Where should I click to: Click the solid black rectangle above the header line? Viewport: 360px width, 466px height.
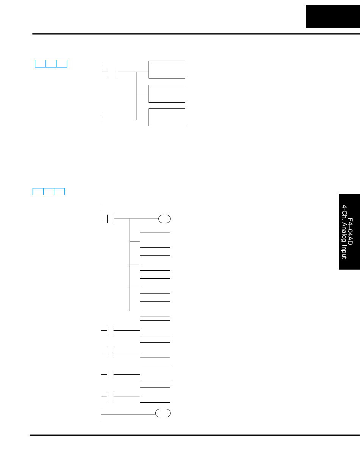pyautogui.click(x=333, y=16)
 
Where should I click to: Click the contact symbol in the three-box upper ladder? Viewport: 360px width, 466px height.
pyautogui.click(x=113, y=71)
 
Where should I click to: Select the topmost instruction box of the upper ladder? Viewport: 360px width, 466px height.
pyautogui.click(x=167, y=69)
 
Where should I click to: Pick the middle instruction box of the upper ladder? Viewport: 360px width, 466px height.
pyautogui.click(x=167, y=94)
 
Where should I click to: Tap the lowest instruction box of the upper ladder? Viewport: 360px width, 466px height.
pyautogui.click(x=167, y=117)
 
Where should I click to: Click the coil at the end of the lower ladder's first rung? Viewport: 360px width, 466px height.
pyautogui.click(x=165, y=219)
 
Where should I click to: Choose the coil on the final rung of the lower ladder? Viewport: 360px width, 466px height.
pyautogui.click(x=163, y=413)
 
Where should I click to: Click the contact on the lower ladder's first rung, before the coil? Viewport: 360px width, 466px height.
pyautogui.click(x=111, y=219)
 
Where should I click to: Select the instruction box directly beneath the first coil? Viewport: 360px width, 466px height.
pyautogui.click(x=155, y=240)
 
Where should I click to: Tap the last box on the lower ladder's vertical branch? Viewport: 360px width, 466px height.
pyautogui.click(x=155, y=309)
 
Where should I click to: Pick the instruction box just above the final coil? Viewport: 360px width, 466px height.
pyautogui.click(x=155, y=395)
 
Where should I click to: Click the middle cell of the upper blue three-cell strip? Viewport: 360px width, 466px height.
pyautogui.click(x=51, y=64)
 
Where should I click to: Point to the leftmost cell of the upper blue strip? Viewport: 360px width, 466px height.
pyautogui.click(x=40, y=64)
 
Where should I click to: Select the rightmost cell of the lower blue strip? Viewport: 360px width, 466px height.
pyautogui.click(x=59, y=191)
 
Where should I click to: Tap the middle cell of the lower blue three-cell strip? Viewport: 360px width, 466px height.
pyautogui.click(x=49, y=191)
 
